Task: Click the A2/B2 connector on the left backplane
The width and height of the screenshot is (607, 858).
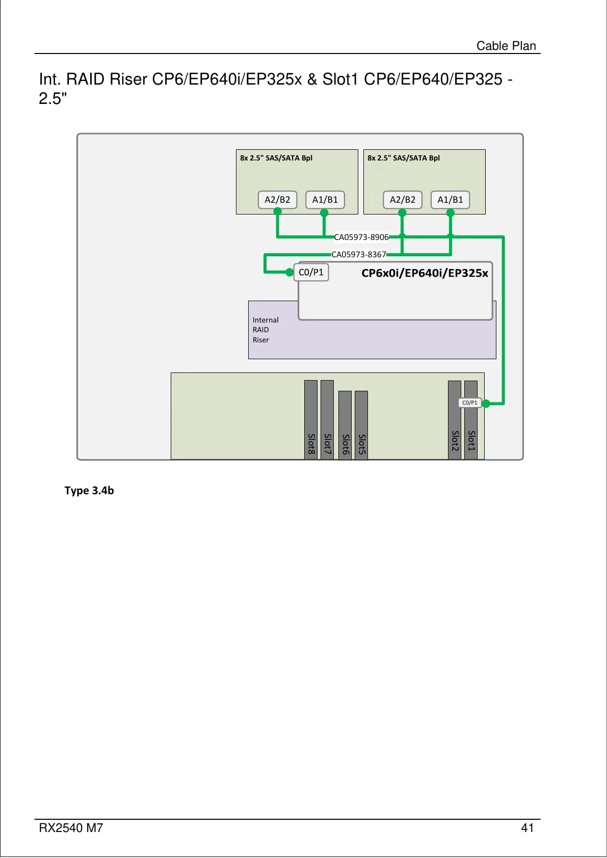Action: (x=277, y=200)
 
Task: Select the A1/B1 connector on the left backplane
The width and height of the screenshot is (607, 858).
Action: (x=325, y=200)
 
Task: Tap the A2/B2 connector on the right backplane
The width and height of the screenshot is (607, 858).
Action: (x=402, y=200)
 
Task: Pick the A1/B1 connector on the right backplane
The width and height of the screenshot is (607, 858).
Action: (x=450, y=200)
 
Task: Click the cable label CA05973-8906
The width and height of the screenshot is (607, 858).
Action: (x=361, y=237)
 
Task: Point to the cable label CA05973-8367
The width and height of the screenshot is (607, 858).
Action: (x=359, y=255)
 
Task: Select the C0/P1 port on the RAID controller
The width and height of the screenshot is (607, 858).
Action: (x=311, y=273)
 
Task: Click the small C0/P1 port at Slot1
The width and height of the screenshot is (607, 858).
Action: (x=469, y=403)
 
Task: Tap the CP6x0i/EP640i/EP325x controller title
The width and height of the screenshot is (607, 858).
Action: (x=425, y=273)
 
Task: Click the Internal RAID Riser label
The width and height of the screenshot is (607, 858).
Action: (x=266, y=330)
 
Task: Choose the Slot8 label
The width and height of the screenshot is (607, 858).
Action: (x=311, y=444)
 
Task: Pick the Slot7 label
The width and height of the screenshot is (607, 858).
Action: (x=327, y=444)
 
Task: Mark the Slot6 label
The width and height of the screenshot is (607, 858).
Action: (x=345, y=444)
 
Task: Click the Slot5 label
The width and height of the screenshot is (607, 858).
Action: (x=361, y=444)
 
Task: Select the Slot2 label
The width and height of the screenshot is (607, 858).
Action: (x=455, y=441)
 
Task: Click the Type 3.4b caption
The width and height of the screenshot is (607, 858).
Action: (x=89, y=491)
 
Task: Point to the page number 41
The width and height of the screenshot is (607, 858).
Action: (x=527, y=828)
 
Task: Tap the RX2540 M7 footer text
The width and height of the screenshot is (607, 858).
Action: (x=71, y=828)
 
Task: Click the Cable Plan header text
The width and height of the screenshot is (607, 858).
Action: (x=506, y=46)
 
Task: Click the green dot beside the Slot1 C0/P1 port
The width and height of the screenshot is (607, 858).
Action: (x=486, y=404)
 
